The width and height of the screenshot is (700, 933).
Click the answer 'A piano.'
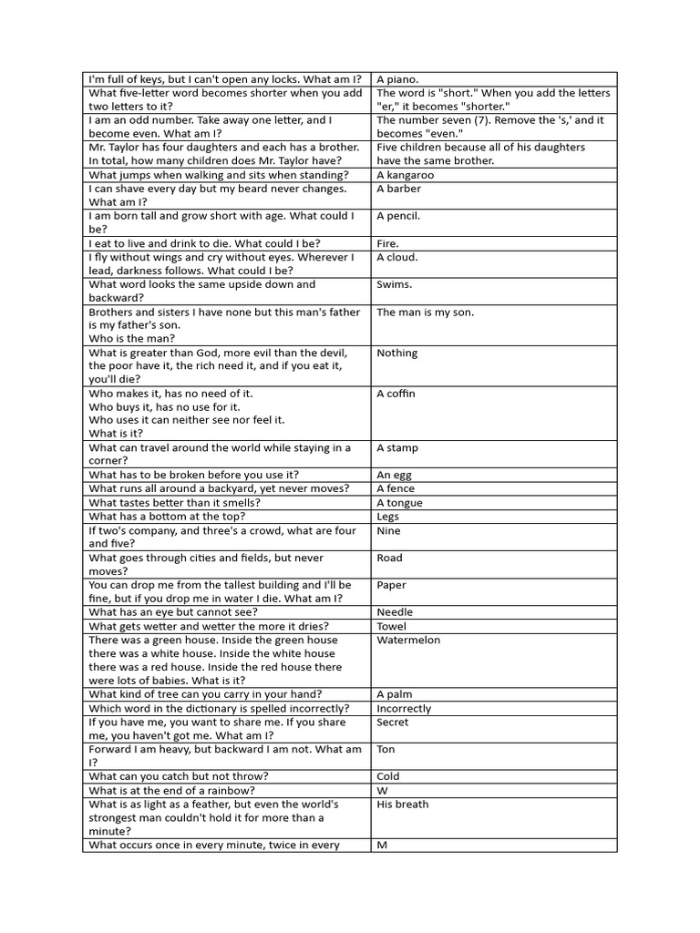click(397, 79)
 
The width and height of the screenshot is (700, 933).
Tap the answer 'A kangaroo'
click(406, 175)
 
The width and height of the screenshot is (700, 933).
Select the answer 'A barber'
click(399, 189)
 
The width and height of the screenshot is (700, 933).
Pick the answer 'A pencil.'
click(398, 216)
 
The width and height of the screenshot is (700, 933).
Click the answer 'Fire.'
click(388, 243)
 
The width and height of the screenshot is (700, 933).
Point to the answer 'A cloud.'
click(397, 257)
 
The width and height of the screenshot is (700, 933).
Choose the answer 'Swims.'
click(395, 284)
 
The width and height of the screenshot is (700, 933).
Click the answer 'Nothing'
click(397, 353)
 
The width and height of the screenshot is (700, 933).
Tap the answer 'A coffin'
click(396, 394)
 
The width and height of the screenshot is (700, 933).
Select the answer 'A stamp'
click(397, 448)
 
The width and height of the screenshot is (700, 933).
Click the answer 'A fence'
click(396, 489)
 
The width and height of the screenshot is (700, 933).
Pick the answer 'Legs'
click(388, 517)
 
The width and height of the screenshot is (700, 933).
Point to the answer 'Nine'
click(388, 530)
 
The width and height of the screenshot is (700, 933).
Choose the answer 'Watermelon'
click(408, 640)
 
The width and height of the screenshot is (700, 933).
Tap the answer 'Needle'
click(395, 612)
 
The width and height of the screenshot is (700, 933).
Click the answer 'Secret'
click(393, 722)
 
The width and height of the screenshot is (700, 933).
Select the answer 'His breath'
click(403, 804)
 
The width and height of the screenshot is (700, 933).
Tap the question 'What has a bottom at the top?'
click(167, 517)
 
